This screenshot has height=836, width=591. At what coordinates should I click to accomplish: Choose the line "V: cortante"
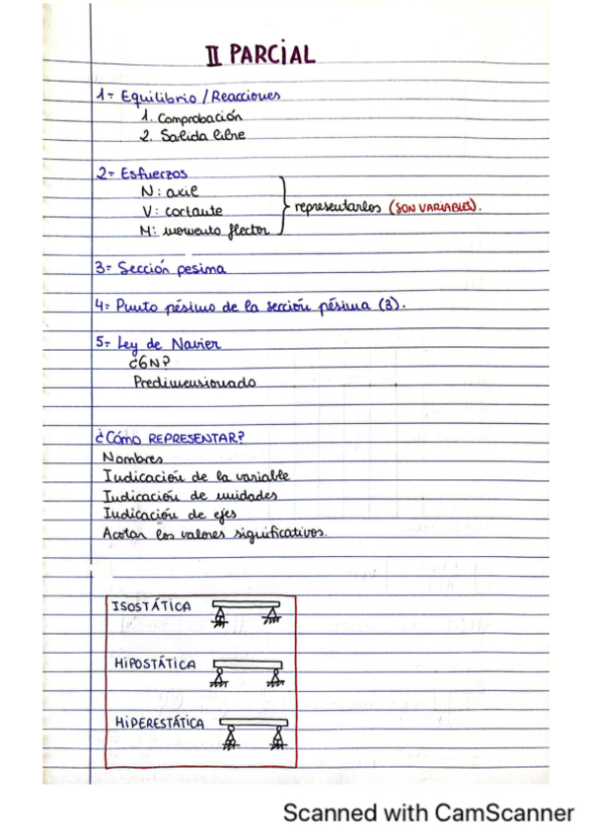pos(183,210)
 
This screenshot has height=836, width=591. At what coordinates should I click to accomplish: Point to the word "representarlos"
pos(336,209)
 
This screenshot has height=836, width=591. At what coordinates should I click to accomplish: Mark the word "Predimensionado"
pos(194,382)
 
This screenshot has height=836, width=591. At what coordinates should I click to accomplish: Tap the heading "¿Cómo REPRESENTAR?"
pos(168,439)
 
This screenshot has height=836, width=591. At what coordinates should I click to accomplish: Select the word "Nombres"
pos(132,458)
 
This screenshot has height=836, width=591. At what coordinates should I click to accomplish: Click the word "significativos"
pos(279,532)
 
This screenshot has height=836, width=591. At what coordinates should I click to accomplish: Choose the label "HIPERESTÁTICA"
pos(159,723)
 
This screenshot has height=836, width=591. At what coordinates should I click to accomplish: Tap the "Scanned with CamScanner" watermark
pos(427,813)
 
